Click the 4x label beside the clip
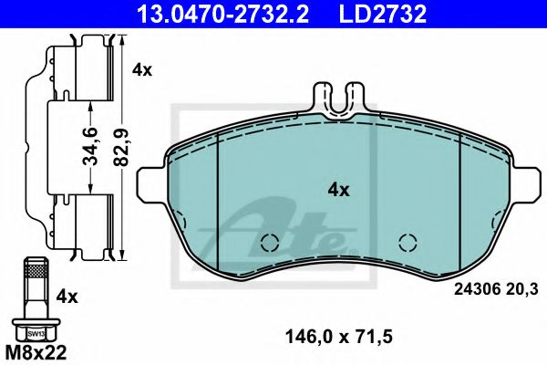[142, 69]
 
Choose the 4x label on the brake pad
[339, 190]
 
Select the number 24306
[473, 291]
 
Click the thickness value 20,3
[521, 291]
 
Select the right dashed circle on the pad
[408, 243]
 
